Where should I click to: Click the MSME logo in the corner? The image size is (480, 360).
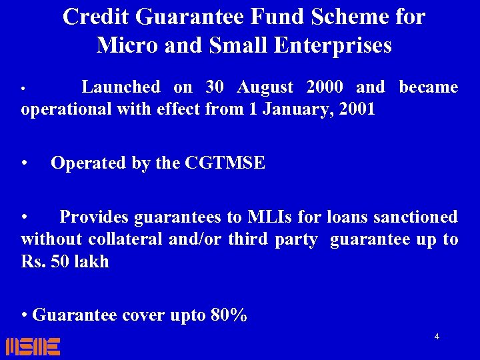tap(33, 346)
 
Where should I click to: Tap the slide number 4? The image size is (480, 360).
tap(437, 337)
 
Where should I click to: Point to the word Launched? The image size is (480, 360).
tap(121, 87)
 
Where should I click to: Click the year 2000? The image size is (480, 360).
tap(324, 87)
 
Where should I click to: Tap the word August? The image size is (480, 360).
tap(265, 87)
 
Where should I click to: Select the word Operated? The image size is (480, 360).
tap(89, 163)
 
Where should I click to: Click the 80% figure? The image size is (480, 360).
tap(229, 315)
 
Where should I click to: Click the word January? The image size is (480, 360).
tap(295, 109)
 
